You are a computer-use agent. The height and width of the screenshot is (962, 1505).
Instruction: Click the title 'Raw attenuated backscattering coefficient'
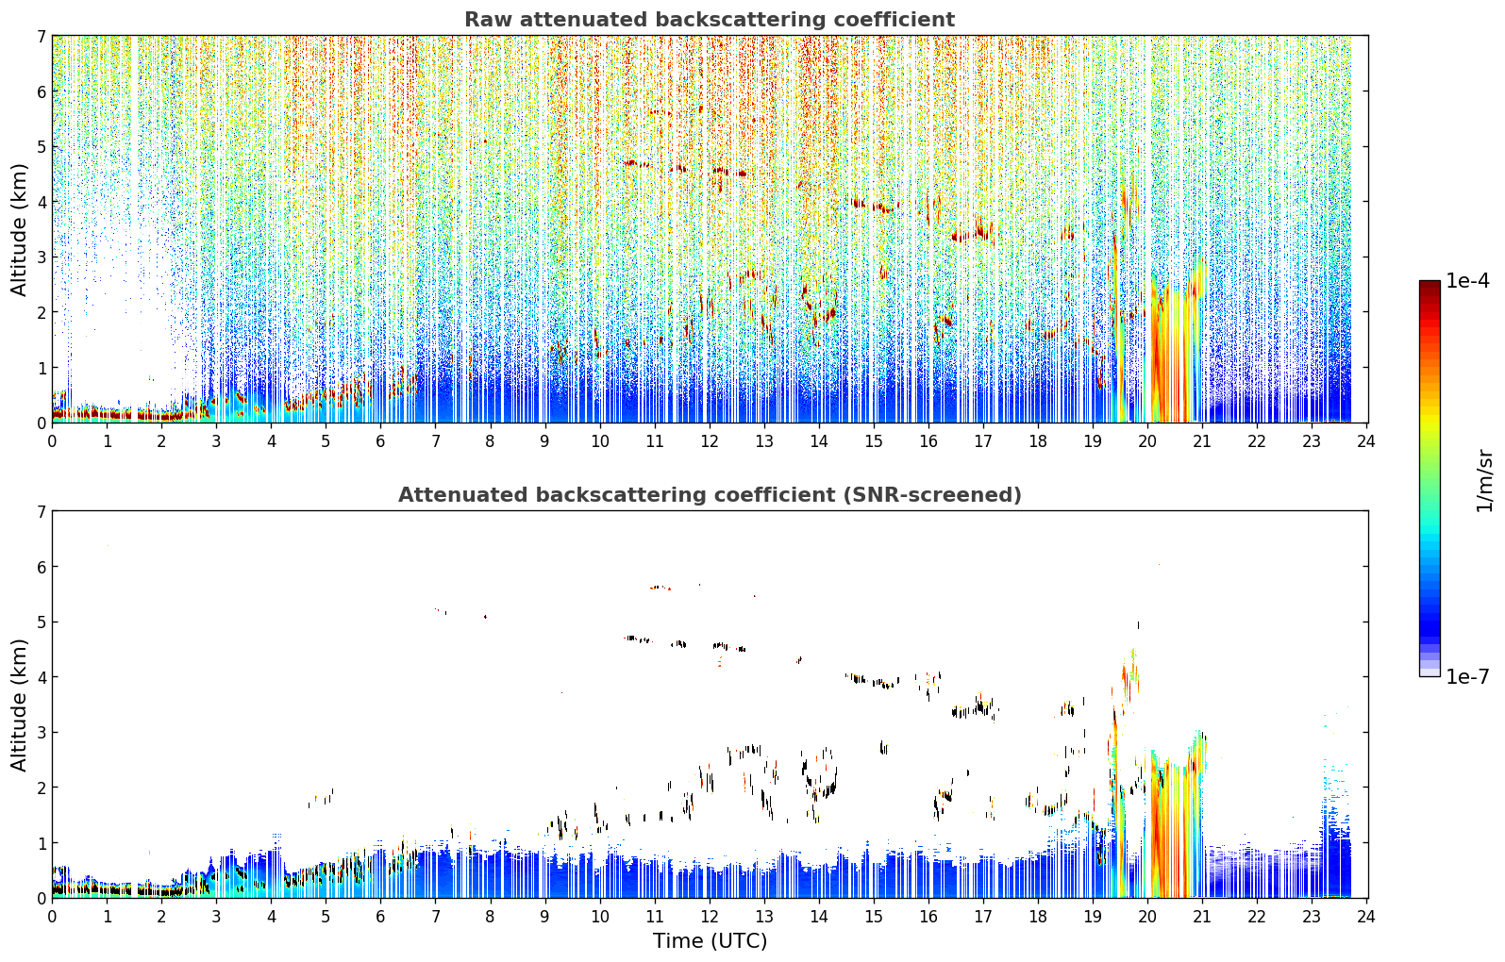(710, 20)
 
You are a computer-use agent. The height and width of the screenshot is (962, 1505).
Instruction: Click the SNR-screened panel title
(710, 495)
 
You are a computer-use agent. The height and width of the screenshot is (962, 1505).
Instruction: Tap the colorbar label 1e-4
(1467, 281)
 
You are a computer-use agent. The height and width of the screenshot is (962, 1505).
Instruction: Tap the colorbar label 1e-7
(1467, 676)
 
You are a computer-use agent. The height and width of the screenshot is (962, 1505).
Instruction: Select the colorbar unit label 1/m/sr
(1484, 481)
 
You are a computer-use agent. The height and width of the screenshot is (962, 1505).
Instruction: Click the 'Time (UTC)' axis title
(710, 941)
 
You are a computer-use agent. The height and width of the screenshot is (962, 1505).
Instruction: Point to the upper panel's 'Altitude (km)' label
(19, 230)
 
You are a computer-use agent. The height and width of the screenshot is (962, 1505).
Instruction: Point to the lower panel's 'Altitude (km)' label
(19, 705)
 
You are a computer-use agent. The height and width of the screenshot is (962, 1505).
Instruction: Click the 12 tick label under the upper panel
(710, 441)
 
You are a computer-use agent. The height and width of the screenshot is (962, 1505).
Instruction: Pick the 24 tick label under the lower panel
(1366, 917)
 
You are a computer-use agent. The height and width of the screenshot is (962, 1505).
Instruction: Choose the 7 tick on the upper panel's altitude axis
(42, 36)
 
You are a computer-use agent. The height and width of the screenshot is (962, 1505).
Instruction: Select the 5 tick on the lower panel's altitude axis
(42, 622)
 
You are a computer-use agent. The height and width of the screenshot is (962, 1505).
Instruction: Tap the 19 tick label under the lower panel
(1094, 917)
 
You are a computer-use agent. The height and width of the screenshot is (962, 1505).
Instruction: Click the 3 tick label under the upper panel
(216, 441)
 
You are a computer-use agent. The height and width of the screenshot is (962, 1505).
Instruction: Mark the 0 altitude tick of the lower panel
(42, 898)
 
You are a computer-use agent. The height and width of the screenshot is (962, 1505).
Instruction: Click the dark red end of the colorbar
(1430, 285)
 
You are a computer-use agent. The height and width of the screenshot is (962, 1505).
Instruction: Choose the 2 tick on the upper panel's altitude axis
(42, 312)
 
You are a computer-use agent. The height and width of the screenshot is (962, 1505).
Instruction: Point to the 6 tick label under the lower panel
(380, 917)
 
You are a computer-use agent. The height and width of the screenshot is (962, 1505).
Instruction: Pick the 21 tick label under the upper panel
(1203, 441)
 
